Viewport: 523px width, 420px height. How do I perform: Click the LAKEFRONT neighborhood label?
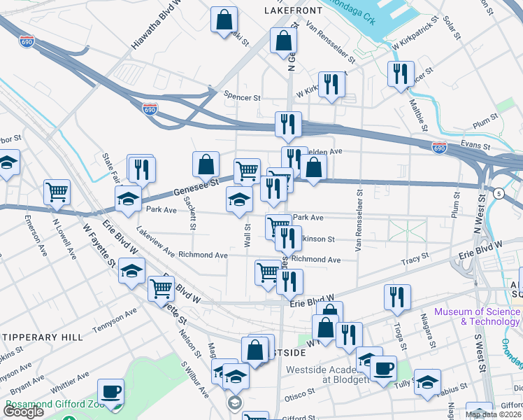(x=293, y=10)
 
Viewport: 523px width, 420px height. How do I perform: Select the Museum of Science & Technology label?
(x=477, y=316)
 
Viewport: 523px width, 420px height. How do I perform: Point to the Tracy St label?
(x=415, y=260)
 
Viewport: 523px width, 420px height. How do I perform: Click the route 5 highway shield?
(x=498, y=192)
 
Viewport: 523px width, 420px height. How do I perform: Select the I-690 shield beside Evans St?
(x=438, y=148)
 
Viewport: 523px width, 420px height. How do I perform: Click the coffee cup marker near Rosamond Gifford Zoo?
(x=110, y=391)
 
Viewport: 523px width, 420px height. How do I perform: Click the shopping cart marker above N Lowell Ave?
(x=57, y=192)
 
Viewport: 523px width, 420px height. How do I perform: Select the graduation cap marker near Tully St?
(x=427, y=381)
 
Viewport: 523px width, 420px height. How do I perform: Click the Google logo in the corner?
(x=24, y=412)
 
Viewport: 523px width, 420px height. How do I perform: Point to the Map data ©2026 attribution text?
(x=494, y=414)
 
